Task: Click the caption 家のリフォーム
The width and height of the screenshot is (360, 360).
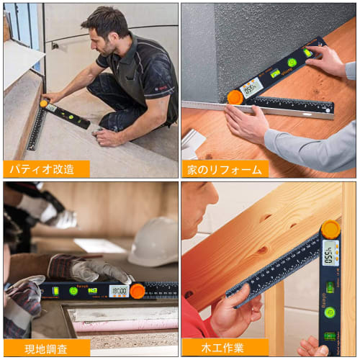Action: [x=224, y=169]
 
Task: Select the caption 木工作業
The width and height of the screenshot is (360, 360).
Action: [x=224, y=348]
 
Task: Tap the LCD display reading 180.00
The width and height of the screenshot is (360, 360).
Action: [x=119, y=290]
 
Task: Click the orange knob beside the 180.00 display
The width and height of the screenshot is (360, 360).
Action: [x=137, y=291]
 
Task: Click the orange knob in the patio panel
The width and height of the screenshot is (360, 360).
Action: [x=44, y=104]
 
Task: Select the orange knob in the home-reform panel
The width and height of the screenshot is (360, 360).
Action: [x=235, y=96]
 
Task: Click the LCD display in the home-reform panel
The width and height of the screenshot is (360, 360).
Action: [x=251, y=88]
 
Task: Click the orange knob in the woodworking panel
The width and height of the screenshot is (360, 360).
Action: [x=330, y=230]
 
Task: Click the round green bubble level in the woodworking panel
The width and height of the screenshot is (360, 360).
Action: [x=330, y=312]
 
